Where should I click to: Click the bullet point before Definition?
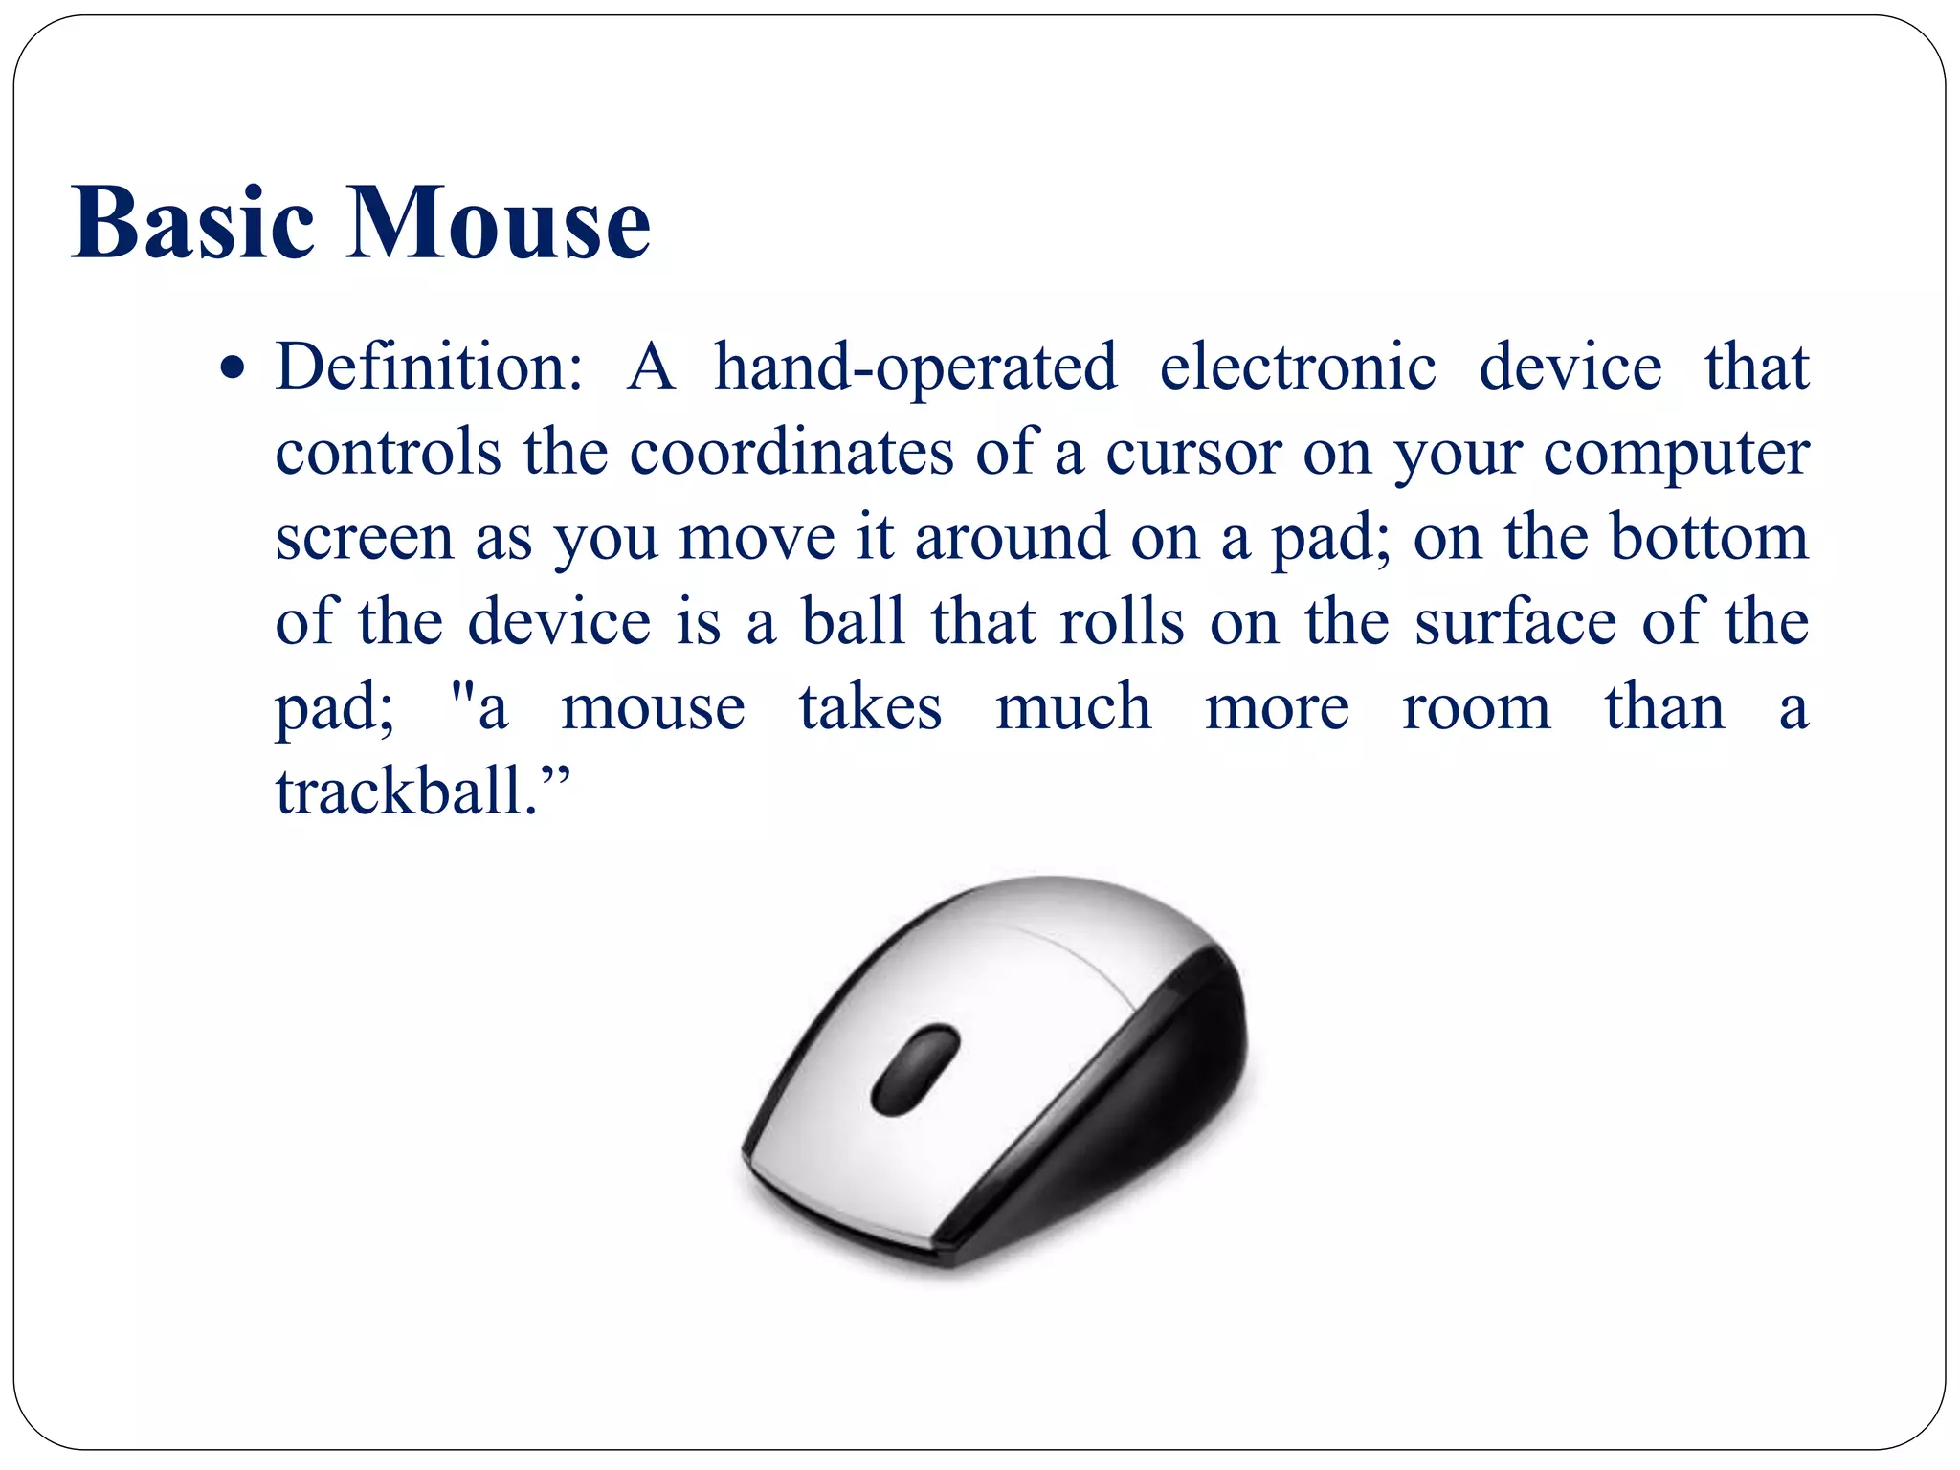click(x=232, y=368)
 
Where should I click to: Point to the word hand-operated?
click(x=916, y=368)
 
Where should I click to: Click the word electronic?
click(x=1298, y=367)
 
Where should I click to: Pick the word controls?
click(x=388, y=452)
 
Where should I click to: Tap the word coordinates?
click(x=791, y=452)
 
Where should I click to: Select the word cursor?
click(x=1193, y=454)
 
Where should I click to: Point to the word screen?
click(x=365, y=539)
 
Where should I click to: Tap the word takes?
click(x=870, y=708)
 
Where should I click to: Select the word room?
click(x=1476, y=708)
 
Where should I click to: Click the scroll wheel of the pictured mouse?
click(x=916, y=1069)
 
